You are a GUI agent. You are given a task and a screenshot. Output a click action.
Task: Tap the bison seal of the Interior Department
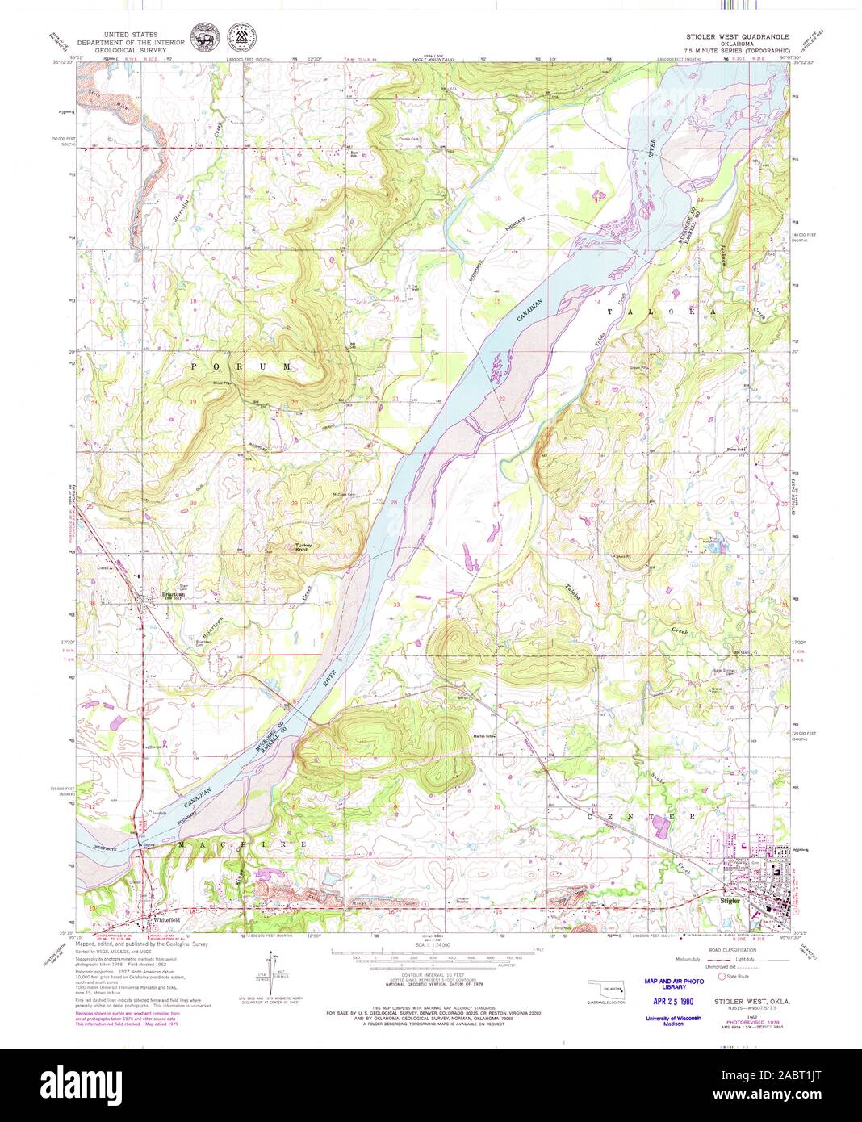point(199,36)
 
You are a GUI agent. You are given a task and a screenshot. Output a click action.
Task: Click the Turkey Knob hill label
point(303,547)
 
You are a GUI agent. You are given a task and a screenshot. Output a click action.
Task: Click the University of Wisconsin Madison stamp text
point(673,1019)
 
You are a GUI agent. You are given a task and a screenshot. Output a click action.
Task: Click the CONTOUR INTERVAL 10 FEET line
point(431,975)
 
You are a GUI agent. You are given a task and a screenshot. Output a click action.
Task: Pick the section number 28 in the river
point(394,502)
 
